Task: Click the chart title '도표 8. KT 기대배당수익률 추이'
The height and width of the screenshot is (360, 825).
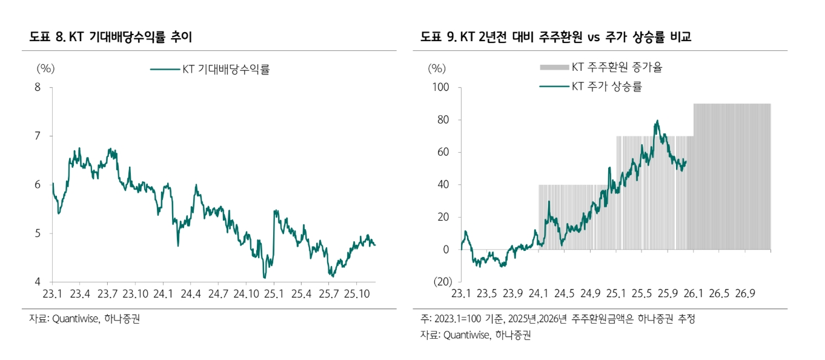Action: point(110,37)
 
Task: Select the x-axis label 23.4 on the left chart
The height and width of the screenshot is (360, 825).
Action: point(80,294)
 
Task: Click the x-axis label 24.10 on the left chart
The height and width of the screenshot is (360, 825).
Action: point(245,294)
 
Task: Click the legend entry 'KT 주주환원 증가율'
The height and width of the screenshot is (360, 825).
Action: point(617,67)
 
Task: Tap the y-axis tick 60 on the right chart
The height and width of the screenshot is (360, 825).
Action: point(443,152)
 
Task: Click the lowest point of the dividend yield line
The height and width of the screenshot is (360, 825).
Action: point(264,277)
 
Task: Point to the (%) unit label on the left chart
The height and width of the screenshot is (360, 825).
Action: point(45,68)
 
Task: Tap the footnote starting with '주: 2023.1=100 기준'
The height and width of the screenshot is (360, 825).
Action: point(557,319)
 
